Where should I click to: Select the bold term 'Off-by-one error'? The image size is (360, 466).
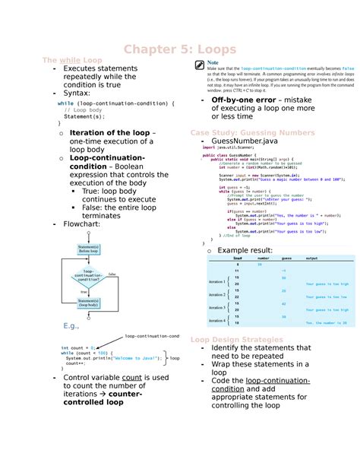click(243, 100)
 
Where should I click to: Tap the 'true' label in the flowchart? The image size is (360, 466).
click(84, 291)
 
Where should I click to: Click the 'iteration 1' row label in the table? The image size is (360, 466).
click(216, 281)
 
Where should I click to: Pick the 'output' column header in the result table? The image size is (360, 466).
click(312, 258)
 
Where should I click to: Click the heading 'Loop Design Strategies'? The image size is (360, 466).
click(236, 339)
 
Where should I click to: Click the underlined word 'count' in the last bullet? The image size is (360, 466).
click(131, 377)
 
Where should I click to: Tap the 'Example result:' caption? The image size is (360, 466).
click(245, 249)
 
